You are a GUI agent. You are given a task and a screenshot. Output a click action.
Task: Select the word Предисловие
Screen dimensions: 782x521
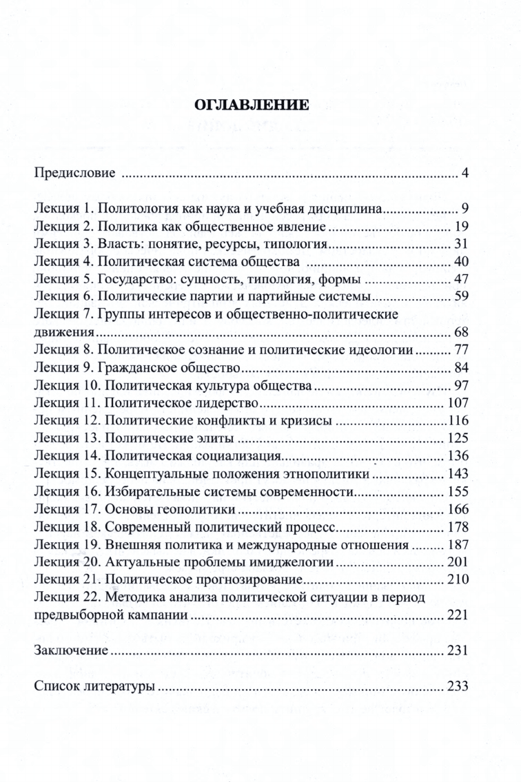coord(74,172)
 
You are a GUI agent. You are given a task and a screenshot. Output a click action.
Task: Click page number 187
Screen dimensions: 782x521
coord(458,546)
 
